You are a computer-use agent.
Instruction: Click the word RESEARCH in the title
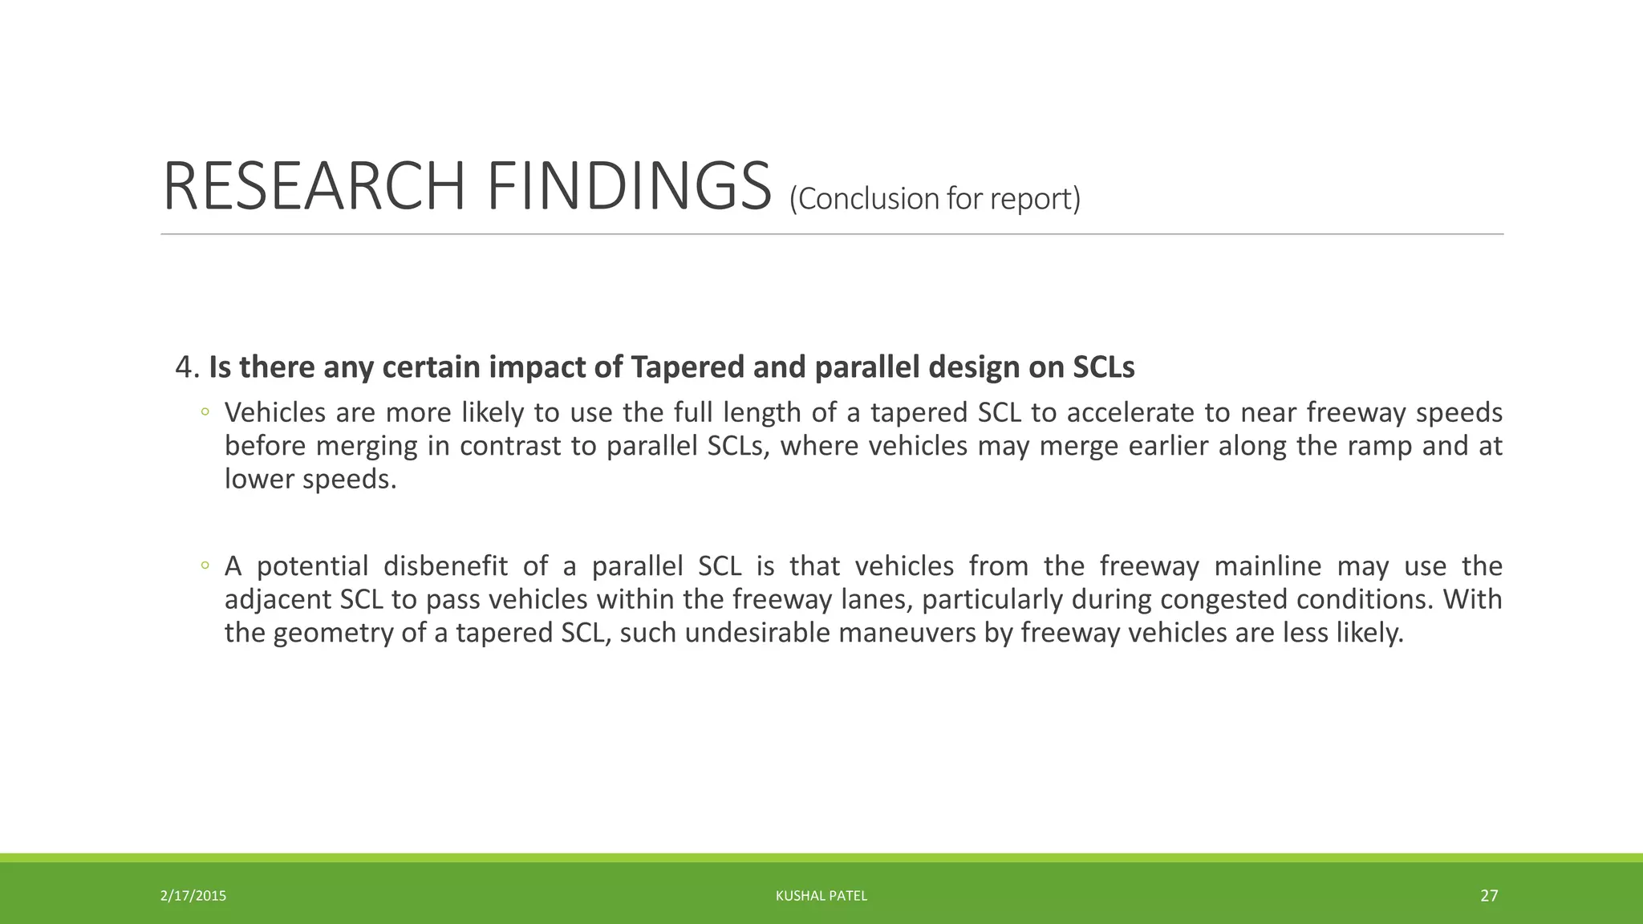coord(314,187)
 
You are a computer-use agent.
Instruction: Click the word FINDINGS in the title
coord(628,187)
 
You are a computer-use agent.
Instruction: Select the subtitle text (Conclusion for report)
coord(935,198)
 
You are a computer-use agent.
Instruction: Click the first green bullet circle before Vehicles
coord(205,412)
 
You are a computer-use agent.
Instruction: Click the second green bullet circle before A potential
coord(205,566)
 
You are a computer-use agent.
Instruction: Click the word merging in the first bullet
coord(367,446)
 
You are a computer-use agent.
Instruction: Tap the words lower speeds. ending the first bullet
coord(310,479)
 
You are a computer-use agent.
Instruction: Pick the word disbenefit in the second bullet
coord(445,566)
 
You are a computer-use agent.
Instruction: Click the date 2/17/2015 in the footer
coord(193,896)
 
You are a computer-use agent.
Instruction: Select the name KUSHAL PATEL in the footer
coord(821,896)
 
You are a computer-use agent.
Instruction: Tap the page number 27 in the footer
coord(1489,896)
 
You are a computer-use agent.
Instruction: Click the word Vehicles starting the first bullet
coord(275,412)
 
